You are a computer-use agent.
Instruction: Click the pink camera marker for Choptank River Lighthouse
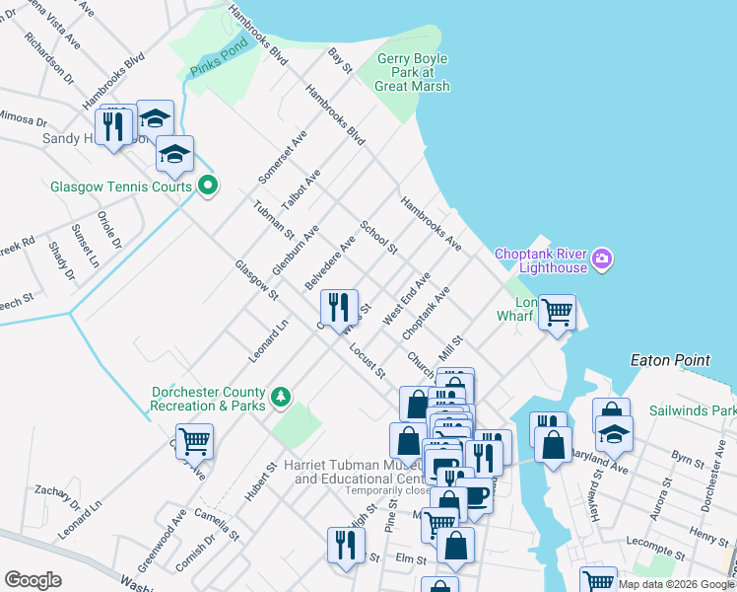(604, 260)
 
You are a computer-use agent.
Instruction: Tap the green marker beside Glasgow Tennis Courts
(208, 185)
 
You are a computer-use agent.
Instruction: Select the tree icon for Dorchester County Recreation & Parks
(282, 396)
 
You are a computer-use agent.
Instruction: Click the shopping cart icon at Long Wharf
(557, 313)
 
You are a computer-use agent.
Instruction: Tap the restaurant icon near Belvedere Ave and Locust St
(339, 307)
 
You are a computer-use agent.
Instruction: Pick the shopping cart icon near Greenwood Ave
(195, 442)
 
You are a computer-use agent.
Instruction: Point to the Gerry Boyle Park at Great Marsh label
(412, 72)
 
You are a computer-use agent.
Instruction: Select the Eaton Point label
(670, 361)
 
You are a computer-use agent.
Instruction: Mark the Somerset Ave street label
(283, 156)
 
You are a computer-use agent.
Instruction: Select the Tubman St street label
(273, 219)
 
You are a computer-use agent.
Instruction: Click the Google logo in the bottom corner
(33, 580)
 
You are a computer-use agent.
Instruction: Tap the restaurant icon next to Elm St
(346, 545)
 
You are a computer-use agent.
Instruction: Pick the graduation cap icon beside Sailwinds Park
(614, 433)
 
